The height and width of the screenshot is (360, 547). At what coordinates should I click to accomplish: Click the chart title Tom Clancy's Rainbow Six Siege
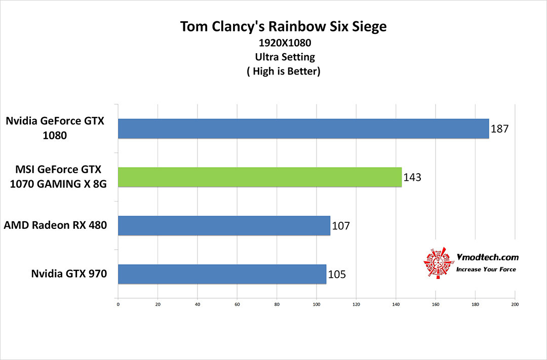[x=283, y=27]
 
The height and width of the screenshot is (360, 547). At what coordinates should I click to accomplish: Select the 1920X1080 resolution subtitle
[x=284, y=43]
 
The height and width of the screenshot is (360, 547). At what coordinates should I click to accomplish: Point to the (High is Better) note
[x=284, y=71]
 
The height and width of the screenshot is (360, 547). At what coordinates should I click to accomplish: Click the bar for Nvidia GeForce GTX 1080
[x=303, y=129]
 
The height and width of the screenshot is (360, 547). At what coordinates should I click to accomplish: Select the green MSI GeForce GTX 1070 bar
[x=260, y=177]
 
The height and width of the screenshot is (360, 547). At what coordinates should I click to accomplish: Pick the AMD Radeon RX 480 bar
[x=224, y=225]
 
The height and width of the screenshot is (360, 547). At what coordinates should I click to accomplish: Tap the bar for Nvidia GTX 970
[x=222, y=274]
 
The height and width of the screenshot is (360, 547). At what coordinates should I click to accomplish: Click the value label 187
[x=499, y=129]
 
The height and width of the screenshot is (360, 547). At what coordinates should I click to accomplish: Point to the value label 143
[x=412, y=178]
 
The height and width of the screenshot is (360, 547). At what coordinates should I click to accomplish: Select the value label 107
[x=341, y=226]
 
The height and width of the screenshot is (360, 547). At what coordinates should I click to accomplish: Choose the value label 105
[x=337, y=274]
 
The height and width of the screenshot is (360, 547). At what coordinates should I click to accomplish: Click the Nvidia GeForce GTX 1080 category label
[x=55, y=129]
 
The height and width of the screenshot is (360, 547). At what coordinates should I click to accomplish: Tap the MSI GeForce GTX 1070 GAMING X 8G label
[x=57, y=177]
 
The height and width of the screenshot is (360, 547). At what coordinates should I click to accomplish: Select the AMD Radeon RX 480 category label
[x=55, y=225]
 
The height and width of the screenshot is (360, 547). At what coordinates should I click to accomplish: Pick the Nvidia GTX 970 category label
[x=69, y=274]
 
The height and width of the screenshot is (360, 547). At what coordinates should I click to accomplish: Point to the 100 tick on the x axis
[x=317, y=305]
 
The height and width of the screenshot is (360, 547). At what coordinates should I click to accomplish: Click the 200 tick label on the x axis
[x=515, y=305]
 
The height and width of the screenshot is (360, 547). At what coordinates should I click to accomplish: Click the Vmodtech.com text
[x=487, y=258]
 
